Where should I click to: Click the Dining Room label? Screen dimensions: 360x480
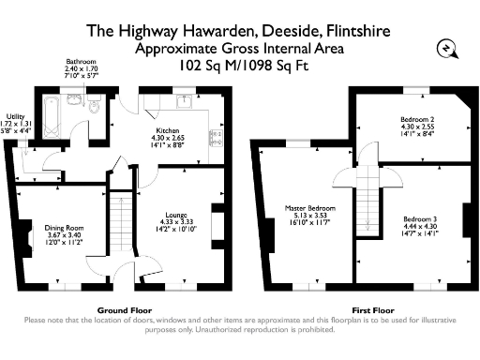coord(67,226)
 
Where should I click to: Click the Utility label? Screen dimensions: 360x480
coord(15,116)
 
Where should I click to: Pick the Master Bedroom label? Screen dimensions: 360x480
coord(309,207)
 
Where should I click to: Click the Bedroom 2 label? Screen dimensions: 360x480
coord(416,120)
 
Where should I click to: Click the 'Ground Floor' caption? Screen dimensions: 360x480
coord(120,308)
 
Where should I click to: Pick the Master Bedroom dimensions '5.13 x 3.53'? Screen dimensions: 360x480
coord(309,215)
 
